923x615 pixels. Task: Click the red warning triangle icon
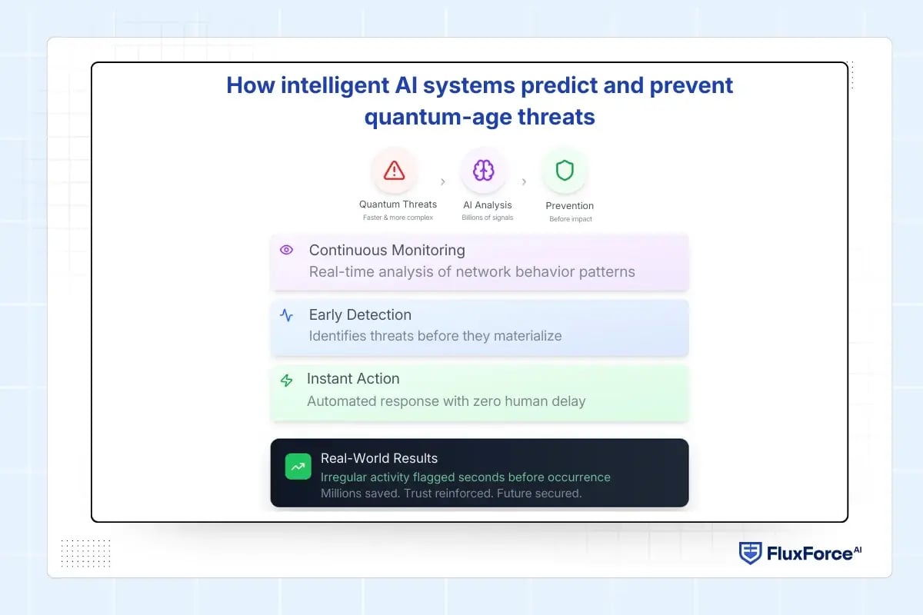point(394,170)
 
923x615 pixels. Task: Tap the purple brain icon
point(483,170)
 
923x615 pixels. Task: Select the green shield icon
point(565,170)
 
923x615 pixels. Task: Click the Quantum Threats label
point(398,204)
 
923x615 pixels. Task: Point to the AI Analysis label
point(487,205)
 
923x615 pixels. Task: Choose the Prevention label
point(569,206)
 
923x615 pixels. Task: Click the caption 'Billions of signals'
point(487,218)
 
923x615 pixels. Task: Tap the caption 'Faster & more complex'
point(398,218)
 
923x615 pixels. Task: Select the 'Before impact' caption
point(570,219)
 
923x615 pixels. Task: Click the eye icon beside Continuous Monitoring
point(287,250)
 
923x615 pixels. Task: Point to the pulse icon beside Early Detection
point(287,315)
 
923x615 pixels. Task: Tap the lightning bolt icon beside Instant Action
point(287,381)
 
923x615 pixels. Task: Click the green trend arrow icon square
point(298,467)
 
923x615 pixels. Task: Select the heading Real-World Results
point(379,458)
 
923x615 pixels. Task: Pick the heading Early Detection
point(360,314)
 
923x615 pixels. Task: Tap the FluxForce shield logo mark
point(750,553)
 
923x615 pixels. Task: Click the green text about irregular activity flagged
point(465,477)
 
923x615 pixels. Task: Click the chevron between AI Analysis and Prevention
point(524,182)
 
